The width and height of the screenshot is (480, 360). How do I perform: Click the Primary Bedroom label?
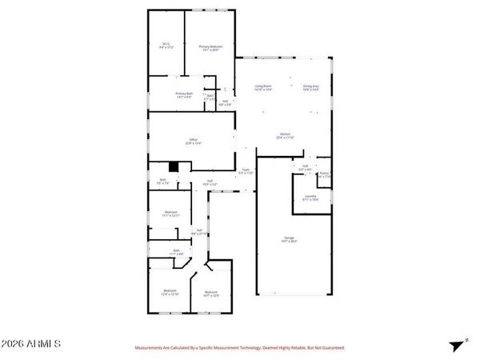click(x=210, y=48)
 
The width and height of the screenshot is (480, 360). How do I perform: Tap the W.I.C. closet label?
click(x=166, y=46)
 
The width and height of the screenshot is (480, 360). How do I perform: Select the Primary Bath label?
click(x=184, y=95)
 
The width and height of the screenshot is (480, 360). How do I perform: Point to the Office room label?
click(x=193, y=141)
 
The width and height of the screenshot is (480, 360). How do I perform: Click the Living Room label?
click(x=263, y=87)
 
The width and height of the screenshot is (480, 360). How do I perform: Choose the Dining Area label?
click(x=311, y=87)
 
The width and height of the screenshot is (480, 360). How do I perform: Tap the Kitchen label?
click(x=284, y=135)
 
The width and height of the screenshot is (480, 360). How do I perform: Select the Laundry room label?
click(x=310, y=197)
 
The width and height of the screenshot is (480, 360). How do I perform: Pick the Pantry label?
click(x=325, y=175)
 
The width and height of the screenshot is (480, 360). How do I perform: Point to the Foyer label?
click(x=246, y=172)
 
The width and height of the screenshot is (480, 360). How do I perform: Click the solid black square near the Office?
click(x=182, y=166)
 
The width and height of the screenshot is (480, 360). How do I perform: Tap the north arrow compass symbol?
click(x=456, y=345)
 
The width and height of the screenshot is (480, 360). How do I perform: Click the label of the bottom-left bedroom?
click(x=170, y=292)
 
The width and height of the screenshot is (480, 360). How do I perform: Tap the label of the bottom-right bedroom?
click(x=210, y=294)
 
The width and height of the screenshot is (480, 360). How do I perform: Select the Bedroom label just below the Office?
click(x=170, y=214)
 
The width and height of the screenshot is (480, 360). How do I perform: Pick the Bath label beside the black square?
click(x=163, y=181)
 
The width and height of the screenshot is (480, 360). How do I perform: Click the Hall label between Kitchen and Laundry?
click(x=305, y=169)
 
